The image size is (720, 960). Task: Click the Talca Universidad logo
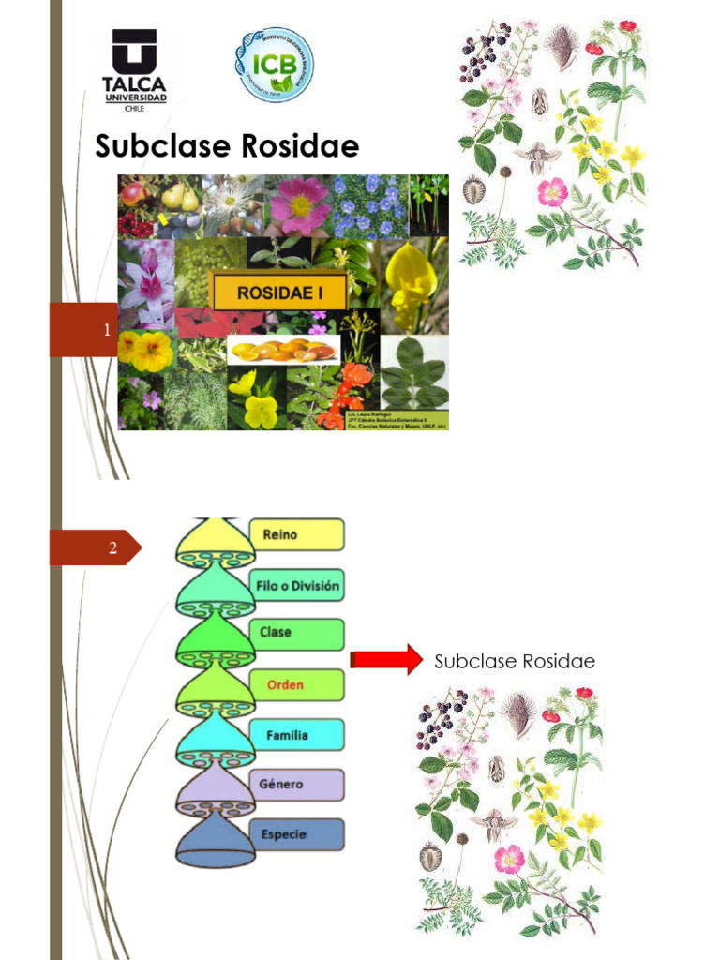(134, 69)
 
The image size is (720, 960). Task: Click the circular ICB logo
(274, 65)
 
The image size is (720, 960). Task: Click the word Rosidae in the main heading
(300, 146)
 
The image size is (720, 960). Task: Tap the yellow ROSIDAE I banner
(278, 292)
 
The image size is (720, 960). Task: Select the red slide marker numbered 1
(83, 330)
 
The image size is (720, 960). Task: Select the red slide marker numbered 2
(95, 548)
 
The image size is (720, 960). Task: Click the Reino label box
(297, 535)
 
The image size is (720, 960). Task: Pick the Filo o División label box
(297, 588)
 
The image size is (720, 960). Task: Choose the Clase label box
(297, 633)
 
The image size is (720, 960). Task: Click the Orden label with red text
(297, 685)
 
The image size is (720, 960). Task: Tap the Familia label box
(297, 736)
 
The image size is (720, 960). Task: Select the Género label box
(297, 785)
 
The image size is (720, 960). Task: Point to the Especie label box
(297, 834)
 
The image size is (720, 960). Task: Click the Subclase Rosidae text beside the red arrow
(515, 662)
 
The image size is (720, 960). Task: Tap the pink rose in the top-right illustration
(552, 192)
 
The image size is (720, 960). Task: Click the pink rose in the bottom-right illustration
(509, 857)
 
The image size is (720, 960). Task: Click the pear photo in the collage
(180, 196)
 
